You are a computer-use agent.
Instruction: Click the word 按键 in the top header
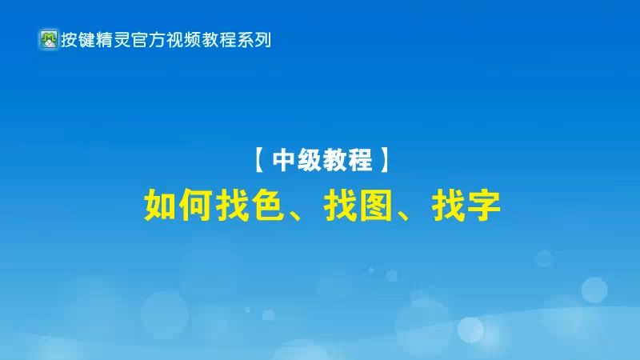pyautogui.click(x=78, y=39)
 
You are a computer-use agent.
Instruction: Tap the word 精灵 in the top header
pyautogui.click(x=113, y=39)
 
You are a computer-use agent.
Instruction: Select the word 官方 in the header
pyautogui.click(x=148, y=39)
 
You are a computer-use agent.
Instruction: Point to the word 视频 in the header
pyautogui.click(x=183, y=39)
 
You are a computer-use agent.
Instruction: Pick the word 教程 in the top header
pyautogui.click(x=218, y=39)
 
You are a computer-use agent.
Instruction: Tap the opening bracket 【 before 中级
pyautogui.click(x=261, y=162)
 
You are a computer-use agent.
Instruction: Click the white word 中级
pyautogui.click(x=296, y=162)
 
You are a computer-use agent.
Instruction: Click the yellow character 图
pyautogui.click(x=377, y=206)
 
